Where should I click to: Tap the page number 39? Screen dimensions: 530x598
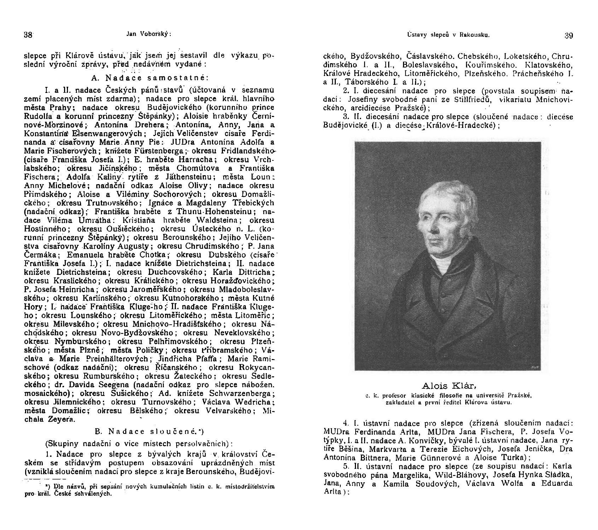pyautogui.click(x=569, y=35)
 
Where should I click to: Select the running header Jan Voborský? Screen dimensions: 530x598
pyautogui.click(x=148, y=34)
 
